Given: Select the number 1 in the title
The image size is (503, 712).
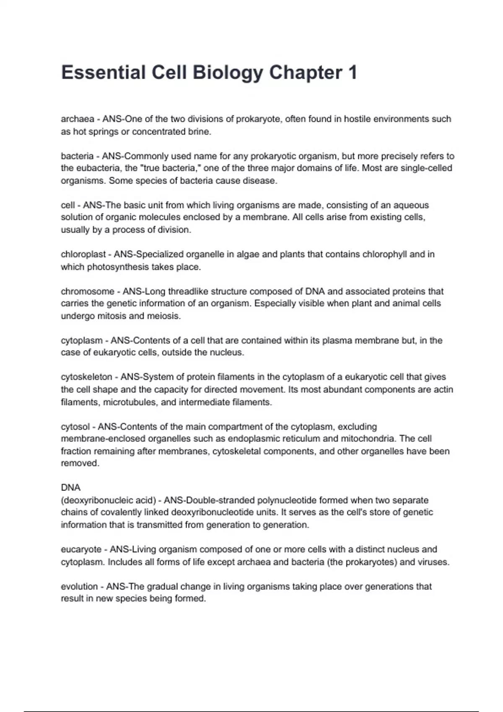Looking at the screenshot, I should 352,72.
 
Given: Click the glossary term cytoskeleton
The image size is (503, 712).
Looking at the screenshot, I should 86,377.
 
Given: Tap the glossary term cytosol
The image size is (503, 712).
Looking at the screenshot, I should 75,427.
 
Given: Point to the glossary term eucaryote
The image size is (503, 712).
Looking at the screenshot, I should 81,549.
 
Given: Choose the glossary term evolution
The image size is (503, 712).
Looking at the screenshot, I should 79,586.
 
